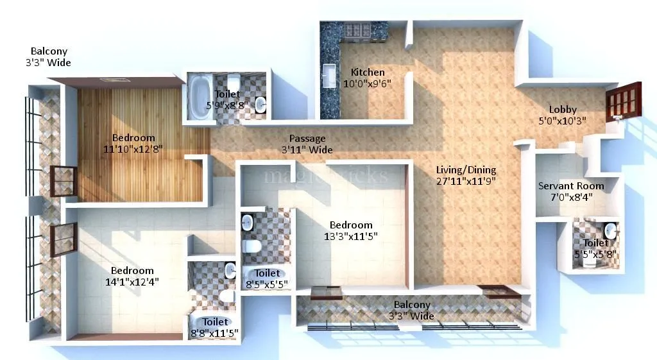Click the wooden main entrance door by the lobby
[x=623, y=101]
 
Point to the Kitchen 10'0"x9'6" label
[x=367, y=78]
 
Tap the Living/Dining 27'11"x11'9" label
[x=466, y=175]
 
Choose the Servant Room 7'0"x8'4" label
[x=570, y=191]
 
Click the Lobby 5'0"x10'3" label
[x=562, y=115]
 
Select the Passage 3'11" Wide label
[x=307, y=144]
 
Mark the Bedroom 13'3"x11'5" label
[x=351, y=230]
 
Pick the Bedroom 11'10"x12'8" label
[x=133, y=143]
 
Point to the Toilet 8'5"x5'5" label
[x=267, y=279]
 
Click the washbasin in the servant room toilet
[x=610, y=229]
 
